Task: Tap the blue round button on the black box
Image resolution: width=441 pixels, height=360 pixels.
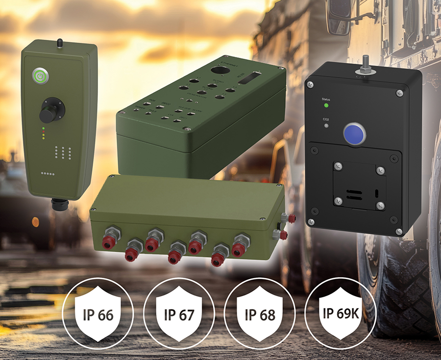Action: (354, 132)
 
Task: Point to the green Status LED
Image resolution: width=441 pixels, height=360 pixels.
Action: (326, 105)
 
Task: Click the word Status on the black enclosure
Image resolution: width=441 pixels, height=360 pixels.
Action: (326, 99)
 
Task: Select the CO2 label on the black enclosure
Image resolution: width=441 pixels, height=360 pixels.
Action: (326, 118)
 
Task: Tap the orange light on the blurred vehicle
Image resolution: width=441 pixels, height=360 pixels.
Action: (36, 222)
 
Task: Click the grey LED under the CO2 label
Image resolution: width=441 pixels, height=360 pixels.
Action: (326, 126)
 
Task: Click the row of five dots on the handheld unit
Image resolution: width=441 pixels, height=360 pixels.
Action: (48, 174)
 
